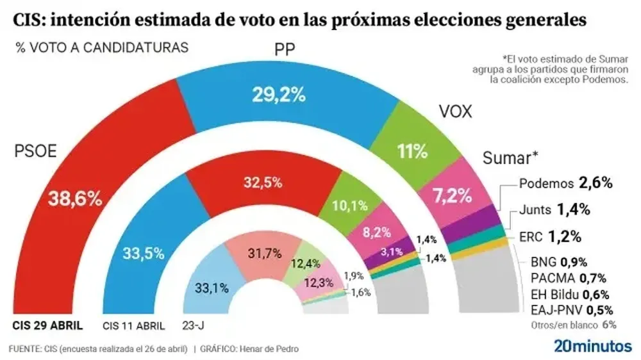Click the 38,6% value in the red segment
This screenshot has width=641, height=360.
(x=76, y=199)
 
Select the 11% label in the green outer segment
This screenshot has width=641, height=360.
(x=412, y=151)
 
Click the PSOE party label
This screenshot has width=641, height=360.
(x=36, y=151)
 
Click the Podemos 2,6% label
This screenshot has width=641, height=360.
(x=563, y=183)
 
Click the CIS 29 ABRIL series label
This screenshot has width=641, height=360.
(x=48, y=325)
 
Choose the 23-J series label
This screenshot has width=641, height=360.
(x=194, y=325)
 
